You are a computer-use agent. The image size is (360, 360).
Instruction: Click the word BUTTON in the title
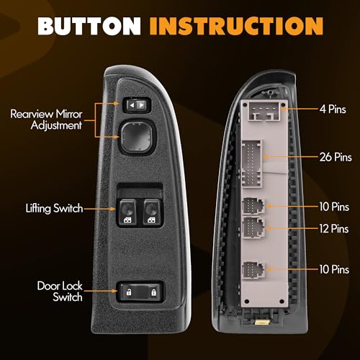(x=89, y=26)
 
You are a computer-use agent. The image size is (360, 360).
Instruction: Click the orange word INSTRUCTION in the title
(x=236, y=26)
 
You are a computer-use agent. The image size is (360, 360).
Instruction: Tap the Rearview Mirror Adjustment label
(x=46, y=120)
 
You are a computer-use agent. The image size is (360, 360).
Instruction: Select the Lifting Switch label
(x=54, y=208)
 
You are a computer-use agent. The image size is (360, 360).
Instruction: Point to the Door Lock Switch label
(x=60, y=292)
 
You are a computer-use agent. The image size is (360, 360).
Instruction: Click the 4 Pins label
(x=333, y=109)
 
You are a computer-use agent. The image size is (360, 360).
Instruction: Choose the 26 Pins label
(x=336, y=157)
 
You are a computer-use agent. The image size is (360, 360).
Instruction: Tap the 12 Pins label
(x=334, y=228)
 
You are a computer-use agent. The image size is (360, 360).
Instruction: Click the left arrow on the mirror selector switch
(x=132, y=105)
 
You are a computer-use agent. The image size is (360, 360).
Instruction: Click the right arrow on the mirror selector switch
(x=142, y=105)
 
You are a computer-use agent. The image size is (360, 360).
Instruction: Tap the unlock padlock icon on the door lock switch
(x=129, y=292)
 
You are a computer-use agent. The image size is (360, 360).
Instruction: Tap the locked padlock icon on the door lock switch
(x=153, y=292)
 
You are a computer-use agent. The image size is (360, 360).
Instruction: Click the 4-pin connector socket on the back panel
(x=264, y=111)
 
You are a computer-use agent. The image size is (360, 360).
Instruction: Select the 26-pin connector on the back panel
(x=251, y=163)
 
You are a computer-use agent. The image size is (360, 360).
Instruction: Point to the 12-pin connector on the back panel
(x=254, y=228)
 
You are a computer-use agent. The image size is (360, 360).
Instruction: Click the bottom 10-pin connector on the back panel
(x=253, y=270)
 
